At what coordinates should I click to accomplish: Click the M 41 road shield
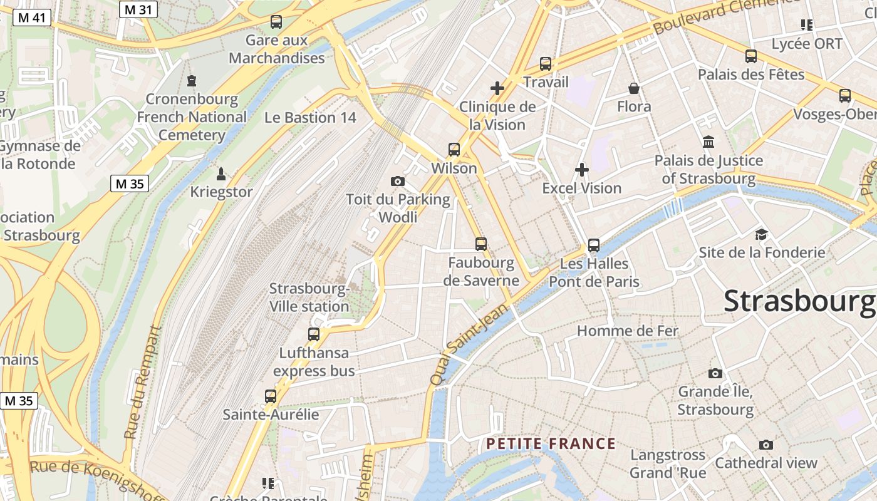click(31, 18)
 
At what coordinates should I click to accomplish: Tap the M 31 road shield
click(139, 9)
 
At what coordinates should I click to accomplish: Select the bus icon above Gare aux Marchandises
click(276, 22)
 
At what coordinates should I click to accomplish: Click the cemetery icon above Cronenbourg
click(192, 81)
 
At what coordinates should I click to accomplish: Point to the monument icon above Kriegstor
click(221, 173)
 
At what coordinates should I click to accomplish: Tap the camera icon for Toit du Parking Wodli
click(397, 182)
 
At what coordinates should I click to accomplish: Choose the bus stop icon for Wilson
click(454, 150)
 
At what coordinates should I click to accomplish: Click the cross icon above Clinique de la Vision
click(497, 88)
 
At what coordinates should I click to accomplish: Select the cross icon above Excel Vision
click(582, 170)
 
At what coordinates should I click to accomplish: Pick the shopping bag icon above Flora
click(634, 88)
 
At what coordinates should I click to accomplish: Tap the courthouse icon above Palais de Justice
click(708, 142)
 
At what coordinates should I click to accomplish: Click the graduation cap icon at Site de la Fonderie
click(761, 234)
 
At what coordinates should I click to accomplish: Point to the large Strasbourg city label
click(799, 301)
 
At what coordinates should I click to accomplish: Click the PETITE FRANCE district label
click(551, 444)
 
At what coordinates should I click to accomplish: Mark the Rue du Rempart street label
click(142, 382)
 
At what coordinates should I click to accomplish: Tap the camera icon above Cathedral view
click(765, 445)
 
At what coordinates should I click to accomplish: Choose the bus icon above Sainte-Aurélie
click(271, 396)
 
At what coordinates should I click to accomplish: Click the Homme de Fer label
click(627, 331)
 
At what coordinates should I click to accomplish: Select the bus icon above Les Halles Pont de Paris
click(594, 245)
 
